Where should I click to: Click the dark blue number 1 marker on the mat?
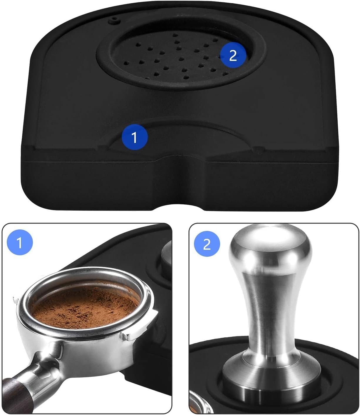click(x=134, y=137)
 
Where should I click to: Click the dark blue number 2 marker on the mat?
click(x=233, y=55)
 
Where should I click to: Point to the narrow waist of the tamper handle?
click(x=269, y=312)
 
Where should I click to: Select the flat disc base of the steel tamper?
click(x=269, y=382)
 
